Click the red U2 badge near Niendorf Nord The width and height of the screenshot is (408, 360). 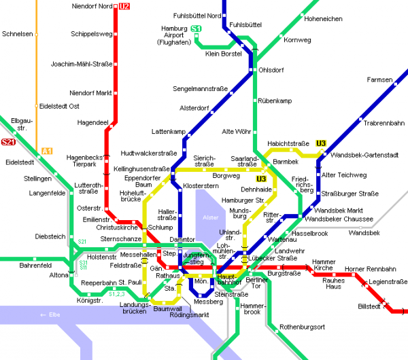(123, 7)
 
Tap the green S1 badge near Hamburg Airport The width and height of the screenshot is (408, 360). (196, 29)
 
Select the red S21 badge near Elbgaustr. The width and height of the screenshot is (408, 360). (8, 142)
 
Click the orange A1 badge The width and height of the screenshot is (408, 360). (47, 151)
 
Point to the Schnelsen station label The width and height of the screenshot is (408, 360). (18, 33)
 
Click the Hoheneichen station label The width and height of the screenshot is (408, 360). (323, 18)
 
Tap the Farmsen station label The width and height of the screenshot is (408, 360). (379, 79)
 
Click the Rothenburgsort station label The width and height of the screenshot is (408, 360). (303, 327)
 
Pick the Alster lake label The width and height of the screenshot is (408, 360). (209, 217)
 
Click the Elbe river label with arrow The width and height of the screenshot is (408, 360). (52, 314)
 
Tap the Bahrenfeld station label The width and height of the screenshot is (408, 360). (35, 265)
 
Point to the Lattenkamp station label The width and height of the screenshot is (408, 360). (168, 131)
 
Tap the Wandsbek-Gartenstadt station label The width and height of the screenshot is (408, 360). (364, 155)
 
